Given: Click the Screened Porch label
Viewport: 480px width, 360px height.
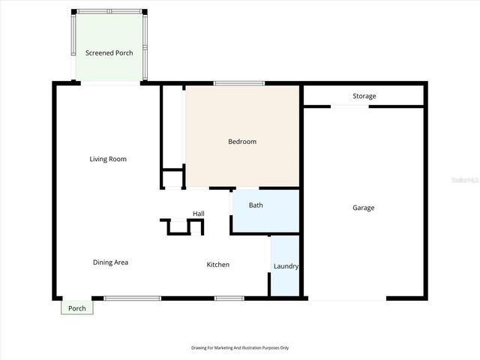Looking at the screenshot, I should pyautogui.click(x=109, y=52).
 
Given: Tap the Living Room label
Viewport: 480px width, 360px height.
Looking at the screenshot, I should pyautogui.click(x=108, y=159).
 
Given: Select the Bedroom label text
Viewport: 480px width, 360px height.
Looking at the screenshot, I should pyautogui.click(x=242, y=142).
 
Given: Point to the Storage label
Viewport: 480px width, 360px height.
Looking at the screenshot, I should pyautogui.click(x=364, y=96).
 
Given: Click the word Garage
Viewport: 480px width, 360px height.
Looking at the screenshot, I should pyautogui.click(x=363, y=208).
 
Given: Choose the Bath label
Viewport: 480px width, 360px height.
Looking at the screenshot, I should pyautogui.click(x=256, y=205).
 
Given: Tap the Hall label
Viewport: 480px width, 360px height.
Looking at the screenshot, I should pyautogui.click(x=198, y=214).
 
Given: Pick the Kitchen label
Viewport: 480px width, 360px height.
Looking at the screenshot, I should pyautogui.click(x=218, y=264).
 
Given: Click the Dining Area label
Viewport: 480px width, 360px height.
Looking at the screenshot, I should pyautogui.click(x=110, y=262).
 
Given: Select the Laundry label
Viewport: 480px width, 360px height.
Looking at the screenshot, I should pyautogui.click(x=286, y=266).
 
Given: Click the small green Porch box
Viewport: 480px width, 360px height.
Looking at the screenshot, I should pyautogui.click(x=77, y=308).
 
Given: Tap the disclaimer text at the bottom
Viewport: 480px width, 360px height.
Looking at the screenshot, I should pyautogui.click(x=240, y=348).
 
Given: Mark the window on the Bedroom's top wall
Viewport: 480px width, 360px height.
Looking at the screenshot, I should pyautogui.click(x=238, y=82).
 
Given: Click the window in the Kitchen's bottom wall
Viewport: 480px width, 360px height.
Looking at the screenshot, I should pyautogui.click(x=229, y=298).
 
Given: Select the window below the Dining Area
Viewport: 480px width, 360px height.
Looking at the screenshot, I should pyautogui.click(x=132, y=298).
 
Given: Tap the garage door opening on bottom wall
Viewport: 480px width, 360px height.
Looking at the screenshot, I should pyautogui.click(x=347, y=300).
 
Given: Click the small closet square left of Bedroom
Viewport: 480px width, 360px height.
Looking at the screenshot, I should pyautogui.click(x=173, y=179).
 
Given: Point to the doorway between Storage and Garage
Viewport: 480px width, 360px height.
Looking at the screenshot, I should pyautogui.click(x=349, y=106).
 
